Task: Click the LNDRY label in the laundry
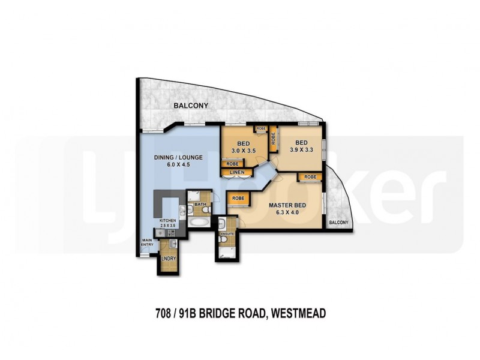[169, 259]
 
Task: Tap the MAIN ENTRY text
[148, 243]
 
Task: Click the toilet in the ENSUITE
[223, 239]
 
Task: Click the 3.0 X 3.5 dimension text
[244, 150]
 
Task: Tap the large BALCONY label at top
[191, 106]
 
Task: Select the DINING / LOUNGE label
[178, 157]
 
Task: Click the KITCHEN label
[167, 221]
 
